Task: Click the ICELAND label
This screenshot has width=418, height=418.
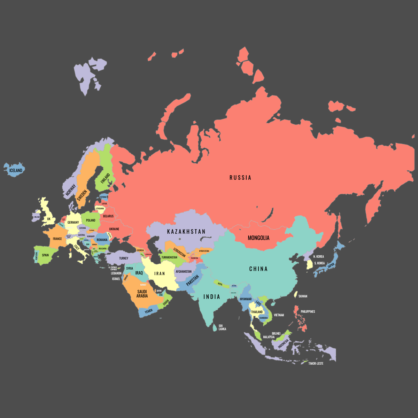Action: pyautogui.click(x=16, y=171)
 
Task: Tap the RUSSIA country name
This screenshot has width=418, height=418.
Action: pyautogui.click(x=240, y=178)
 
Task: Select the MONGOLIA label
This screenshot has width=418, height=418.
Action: pyautogui.click(x=258, y=238)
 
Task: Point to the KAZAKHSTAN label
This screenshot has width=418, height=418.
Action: pyautogui.click(x=186, y=232)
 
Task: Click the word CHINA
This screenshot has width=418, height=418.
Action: pyautogui.click(x=258, y=269)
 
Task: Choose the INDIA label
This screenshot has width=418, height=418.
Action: pyautogui.click(x=212, y=297)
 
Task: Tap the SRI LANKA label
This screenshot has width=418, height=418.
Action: pyautogui.click(x=222, y=327)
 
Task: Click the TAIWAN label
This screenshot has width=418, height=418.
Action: pyautogui.click(x=303, y=296)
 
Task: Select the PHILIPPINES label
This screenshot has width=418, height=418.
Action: pyautogui.click(x=308, y=312)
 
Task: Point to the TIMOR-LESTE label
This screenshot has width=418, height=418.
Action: pyautogui.click(x=316, y=364)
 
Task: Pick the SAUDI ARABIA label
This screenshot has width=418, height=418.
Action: pyautogui.click(x=142, y=294)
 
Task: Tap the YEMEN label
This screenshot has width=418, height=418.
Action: pyautogui.click(x=149, y=311)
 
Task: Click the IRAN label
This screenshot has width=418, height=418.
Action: pyautogui.click(x=160, y=274)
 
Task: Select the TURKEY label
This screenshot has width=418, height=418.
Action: pyautogui.click(x=124, y=258)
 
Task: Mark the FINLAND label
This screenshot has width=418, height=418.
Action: pyautogui.click(x=105, y=178)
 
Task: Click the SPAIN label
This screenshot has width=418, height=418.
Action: pyautogui.click(x=45, y=255)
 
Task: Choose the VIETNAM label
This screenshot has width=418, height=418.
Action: pyautogui.click(x=279, y=315)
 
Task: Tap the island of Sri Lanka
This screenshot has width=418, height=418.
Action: pyautogui.click(x=215, y=327)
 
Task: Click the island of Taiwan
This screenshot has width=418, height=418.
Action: pyautogui.click(x=296, y=295)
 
